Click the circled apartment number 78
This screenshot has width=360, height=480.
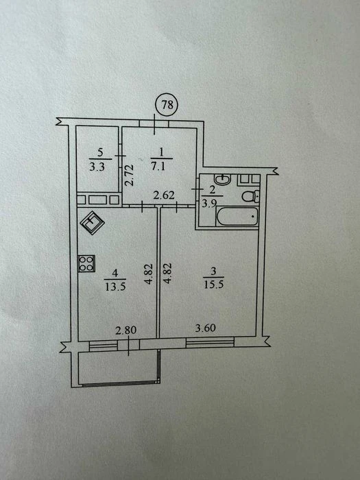[167, 105]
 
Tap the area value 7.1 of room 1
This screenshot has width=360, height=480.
[158, 167]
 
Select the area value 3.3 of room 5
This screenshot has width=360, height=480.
[97, 167]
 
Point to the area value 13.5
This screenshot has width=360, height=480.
[115, 287]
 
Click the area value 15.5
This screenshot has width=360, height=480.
[214, 285]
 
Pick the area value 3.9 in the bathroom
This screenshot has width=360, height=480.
[209, 203]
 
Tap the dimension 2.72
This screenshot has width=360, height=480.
[130, 176]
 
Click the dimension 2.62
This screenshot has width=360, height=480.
[164, 195]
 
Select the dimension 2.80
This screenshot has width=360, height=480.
[125, 331]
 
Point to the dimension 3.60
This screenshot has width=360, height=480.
[206, 328]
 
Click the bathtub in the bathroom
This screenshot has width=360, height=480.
[237, 217]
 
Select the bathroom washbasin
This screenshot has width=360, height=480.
[223, 179]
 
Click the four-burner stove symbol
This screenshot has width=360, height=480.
[86, 263]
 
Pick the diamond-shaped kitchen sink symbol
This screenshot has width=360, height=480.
[92, 222]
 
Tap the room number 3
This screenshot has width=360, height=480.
[214, 271]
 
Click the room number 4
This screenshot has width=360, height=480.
[115, 273]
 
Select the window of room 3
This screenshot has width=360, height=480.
[210, 343]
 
